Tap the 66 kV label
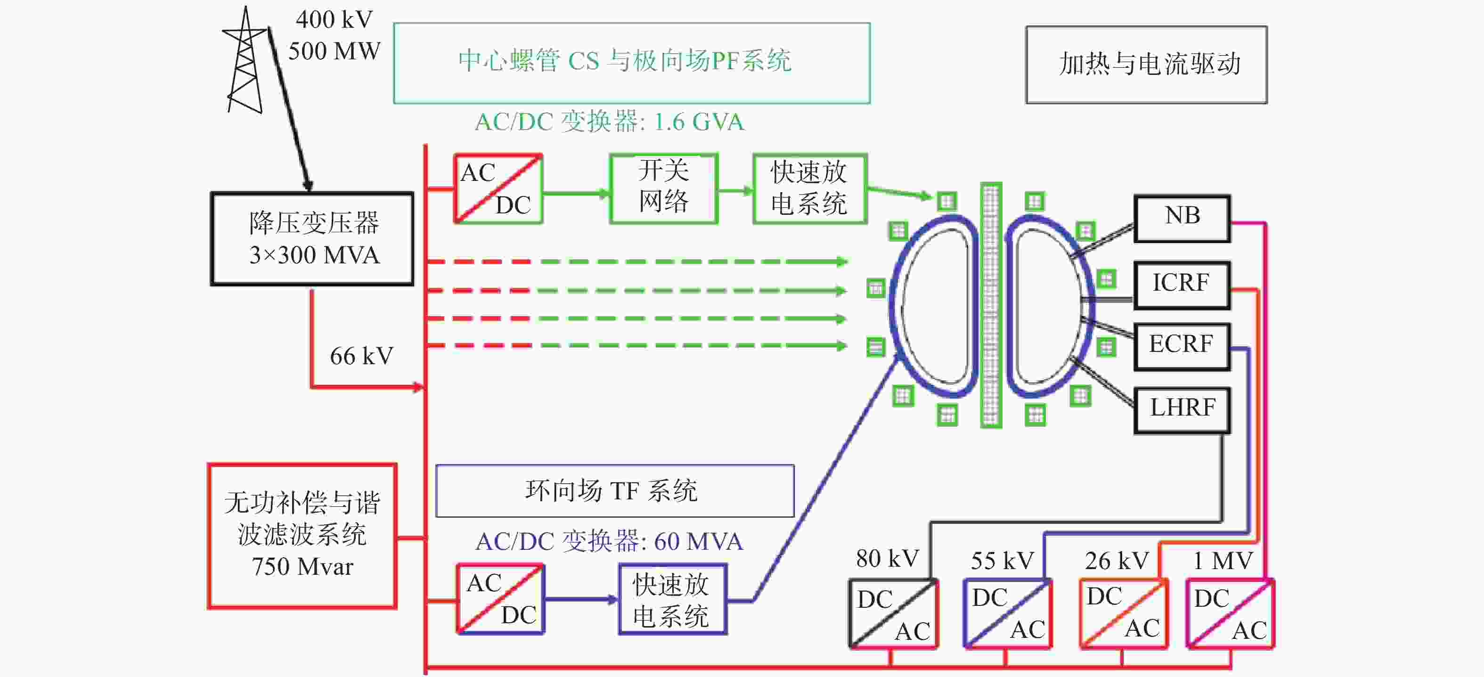click(362, 356)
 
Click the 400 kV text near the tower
click(334, 20)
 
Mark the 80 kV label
click(887, 558)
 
